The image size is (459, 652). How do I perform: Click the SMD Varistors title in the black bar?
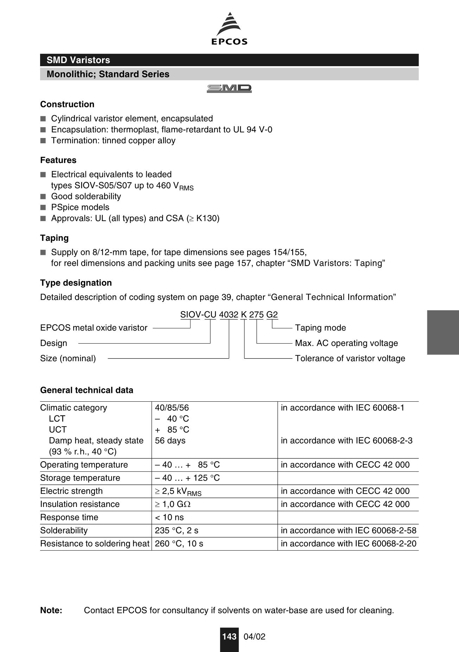coord(78,60)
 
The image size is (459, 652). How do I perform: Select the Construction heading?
coord(67,104)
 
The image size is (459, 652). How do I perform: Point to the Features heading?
coord(58,160)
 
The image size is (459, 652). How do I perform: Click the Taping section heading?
coord(54,238)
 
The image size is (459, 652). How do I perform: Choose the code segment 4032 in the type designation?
coord(229,315)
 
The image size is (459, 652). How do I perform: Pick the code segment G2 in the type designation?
coord(272,315)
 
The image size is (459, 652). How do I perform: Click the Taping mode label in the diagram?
coord(320,328)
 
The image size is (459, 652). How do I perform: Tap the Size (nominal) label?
coord(68,358)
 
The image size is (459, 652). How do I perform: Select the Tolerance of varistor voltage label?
coord(350,358)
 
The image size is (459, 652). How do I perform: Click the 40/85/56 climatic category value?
coord(172,408)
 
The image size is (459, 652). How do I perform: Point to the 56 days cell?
coord(170,441)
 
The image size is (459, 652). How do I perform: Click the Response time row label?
coord(69,518)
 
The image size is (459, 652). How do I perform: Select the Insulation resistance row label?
coord(79,504)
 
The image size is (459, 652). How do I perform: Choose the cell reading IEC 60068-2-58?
coord(348,531)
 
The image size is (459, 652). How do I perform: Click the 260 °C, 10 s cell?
coord(179,544)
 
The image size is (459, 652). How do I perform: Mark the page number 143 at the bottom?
coord(229,637)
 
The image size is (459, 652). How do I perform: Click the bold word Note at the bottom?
coord(51,610)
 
